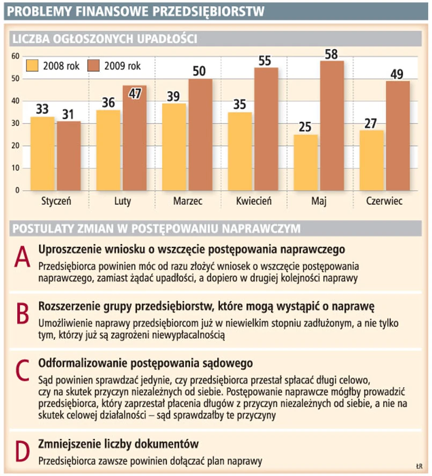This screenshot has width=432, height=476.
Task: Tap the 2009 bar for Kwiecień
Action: point(266,129)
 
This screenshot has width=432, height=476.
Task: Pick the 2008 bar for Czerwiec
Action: point(371,160)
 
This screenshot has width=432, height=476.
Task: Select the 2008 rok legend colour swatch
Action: point(34,66)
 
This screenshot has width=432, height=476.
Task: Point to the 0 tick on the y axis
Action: point(17,190)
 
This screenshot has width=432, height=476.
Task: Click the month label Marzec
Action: point(187,203)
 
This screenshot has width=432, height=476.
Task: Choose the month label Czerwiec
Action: point(384,203)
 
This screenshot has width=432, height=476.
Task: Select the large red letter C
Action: point(21,370)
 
